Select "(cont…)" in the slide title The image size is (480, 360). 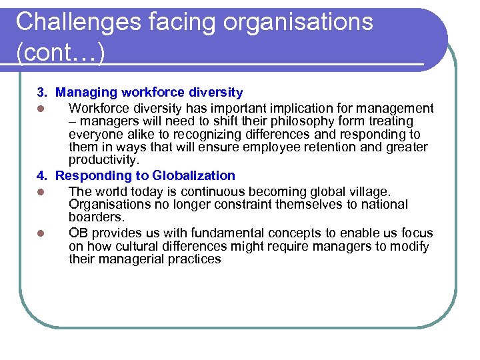(61, 53)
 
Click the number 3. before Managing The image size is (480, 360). (42, 93)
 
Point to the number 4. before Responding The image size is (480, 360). (42, 176)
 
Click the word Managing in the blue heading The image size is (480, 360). (87, 93)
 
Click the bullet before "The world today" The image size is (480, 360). (41, 192)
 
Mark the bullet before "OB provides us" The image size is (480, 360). (41, 233)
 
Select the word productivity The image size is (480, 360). (104, 160)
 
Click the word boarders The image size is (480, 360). (96, 217)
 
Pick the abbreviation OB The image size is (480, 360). (79, 233)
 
